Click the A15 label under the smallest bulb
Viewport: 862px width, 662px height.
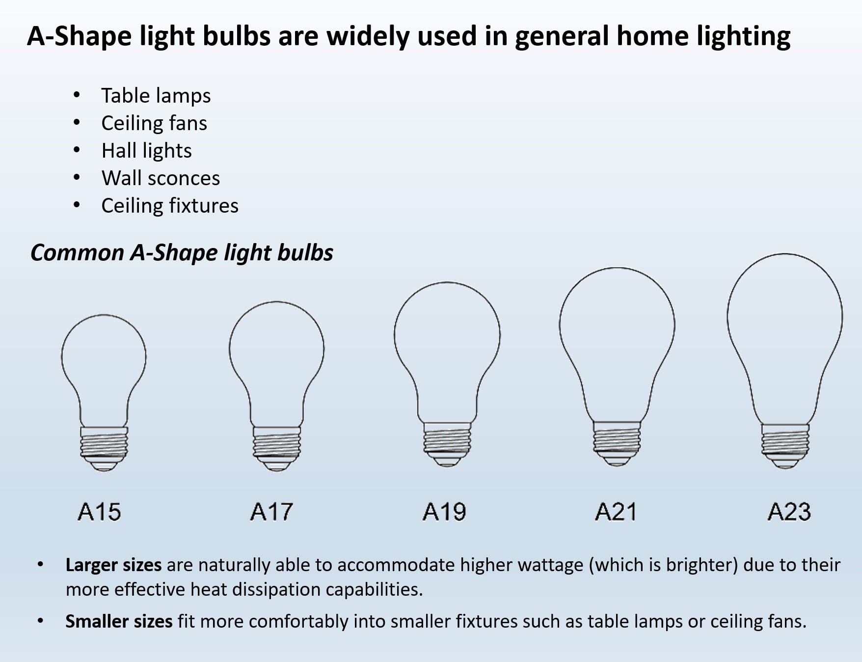[99, 512]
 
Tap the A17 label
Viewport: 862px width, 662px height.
[271, 512]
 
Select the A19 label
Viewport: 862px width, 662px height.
[444, 512]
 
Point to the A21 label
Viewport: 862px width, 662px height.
[616, 512]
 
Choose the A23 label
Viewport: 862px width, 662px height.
[789, 512]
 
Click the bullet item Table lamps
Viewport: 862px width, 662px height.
[156, 96]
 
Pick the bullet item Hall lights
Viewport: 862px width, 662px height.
[146, 151]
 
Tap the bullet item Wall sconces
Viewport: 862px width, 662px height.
[161, 178]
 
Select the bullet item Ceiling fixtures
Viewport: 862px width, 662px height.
[170, 206]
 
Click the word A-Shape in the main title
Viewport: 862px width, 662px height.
[79, 36]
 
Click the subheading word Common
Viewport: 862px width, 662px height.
[77, 253]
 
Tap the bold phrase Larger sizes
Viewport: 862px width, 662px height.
[113, 565]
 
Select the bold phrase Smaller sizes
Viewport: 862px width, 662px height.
[119, 622]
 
